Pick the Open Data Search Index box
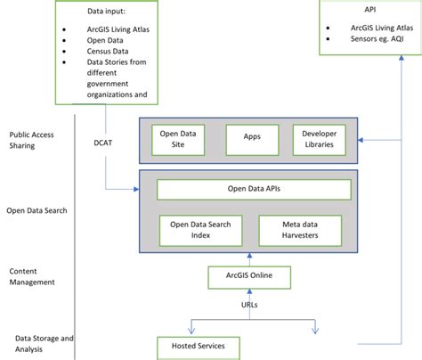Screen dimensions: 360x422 tap(200, 230)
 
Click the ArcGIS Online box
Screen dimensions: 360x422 tap(248, 276)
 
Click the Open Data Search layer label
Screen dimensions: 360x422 tap(37, 210)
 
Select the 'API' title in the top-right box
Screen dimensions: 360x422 tap(369, 11)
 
